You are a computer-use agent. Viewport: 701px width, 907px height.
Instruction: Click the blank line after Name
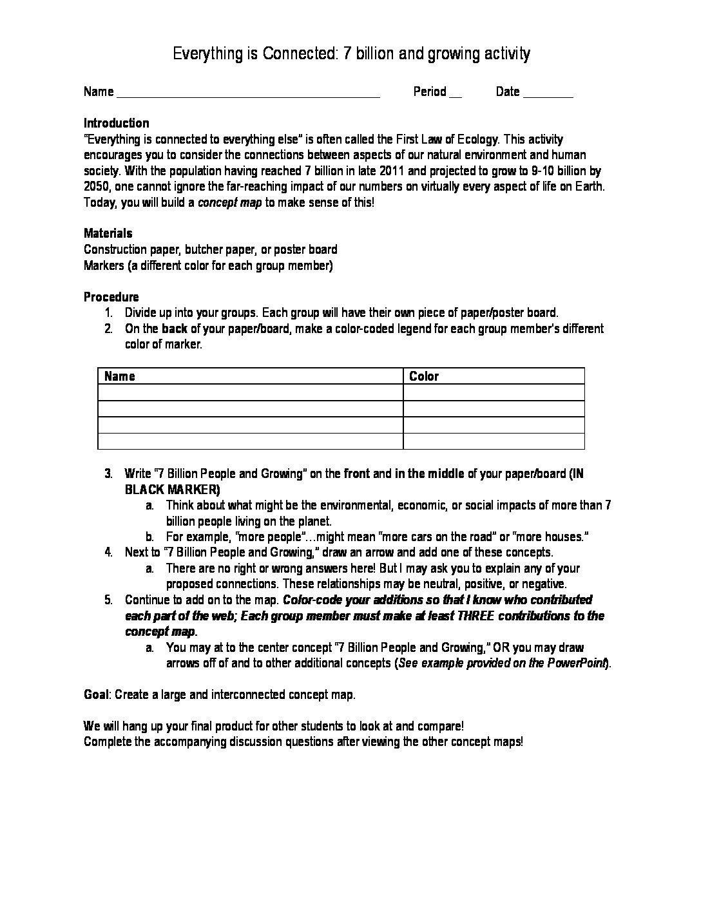tap(248, 94)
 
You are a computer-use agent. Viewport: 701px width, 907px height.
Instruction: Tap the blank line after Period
tap(455, 94)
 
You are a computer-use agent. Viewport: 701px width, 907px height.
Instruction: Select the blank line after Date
tap(548, 94)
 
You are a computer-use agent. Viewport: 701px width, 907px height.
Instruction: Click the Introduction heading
tap(116, 123)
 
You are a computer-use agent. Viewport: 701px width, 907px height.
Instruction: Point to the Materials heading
tap(108, 233)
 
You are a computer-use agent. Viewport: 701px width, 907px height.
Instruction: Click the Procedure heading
tap(111, 297)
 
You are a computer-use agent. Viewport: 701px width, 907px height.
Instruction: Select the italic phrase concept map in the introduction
tap(230, 202)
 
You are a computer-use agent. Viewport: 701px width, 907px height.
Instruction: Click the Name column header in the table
tap(120, 376)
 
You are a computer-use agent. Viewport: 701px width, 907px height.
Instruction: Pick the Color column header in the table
tap(424, 376)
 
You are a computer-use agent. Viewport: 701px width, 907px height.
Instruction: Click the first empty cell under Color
tap(494, 392)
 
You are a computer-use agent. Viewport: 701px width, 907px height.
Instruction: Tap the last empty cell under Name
tap(250, 441)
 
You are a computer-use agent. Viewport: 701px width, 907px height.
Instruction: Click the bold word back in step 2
tap(175, 329)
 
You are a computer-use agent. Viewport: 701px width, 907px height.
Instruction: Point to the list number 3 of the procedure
tap(109, 473)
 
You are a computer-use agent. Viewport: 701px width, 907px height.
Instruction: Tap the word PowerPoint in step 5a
tap(577, 664)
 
